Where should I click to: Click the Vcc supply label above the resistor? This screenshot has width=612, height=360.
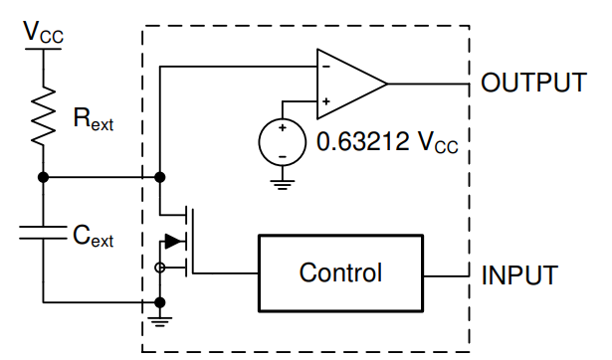[x=43, y=32]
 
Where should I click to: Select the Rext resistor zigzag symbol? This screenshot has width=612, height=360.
[x=43, y=116]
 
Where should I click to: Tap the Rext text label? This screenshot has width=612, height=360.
[x=94, y=119]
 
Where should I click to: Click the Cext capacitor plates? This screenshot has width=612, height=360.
[x=43, y=232]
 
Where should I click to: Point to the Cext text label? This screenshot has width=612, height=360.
[x=93, y=236]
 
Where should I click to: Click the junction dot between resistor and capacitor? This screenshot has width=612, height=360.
[x=44, y=177]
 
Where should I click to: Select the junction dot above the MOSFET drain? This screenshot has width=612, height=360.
[x=159, y=177]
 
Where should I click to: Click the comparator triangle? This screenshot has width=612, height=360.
[x=352, y=84]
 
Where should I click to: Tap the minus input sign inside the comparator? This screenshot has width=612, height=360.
[x=326, y=67]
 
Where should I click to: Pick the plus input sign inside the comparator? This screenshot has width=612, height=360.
[x=326, y=101]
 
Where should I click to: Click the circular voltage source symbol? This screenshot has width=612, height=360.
[x=283, y=142]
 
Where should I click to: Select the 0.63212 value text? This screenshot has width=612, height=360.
[x=362, y=141]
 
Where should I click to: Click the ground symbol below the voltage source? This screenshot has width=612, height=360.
[x=283, y=185]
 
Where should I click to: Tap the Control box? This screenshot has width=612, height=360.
[x=340, y=273]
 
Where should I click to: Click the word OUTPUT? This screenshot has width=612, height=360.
[x=533, y=83]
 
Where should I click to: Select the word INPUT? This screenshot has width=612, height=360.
[x=519, y=275]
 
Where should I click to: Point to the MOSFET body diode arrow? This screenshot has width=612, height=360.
[x=174, y=242]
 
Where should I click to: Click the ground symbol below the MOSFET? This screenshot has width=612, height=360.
[x=159, y=321]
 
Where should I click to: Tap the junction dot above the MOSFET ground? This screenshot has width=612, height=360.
[x=159, y=302]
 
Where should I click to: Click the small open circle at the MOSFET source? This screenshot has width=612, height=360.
[x=159, y=268]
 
